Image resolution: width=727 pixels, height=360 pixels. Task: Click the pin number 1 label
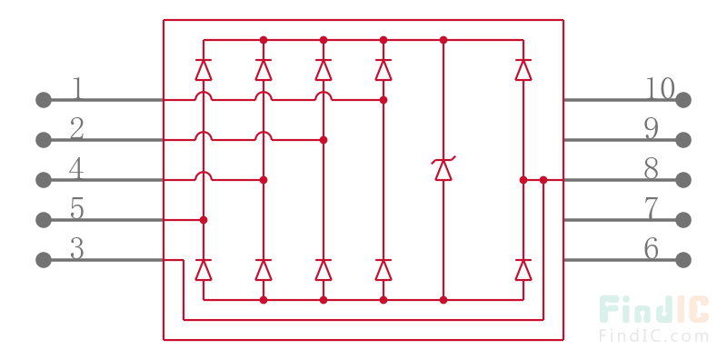77,89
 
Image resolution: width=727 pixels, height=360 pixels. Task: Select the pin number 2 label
77,129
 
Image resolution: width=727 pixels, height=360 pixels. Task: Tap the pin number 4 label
77,169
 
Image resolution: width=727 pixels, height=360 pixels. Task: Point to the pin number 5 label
77,209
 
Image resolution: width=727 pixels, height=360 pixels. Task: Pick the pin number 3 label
77,249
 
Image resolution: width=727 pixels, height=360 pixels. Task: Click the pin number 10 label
660,89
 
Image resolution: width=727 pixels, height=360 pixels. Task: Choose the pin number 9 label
652,129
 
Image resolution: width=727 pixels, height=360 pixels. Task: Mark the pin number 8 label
652,169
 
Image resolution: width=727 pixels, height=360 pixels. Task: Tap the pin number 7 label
652,209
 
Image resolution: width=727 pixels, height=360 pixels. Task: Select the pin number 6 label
652,249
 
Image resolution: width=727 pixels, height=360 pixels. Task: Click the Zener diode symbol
443,169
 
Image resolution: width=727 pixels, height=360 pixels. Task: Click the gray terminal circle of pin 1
43,99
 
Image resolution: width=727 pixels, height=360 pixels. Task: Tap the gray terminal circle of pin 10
683,99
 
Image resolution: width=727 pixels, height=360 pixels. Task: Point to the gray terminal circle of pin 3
43,260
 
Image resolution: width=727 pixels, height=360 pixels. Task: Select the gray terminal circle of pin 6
683,260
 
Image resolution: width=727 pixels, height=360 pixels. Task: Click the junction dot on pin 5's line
204,220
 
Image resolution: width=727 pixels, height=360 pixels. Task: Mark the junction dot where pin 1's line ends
383,99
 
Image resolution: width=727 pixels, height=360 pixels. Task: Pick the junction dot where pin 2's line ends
324,140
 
